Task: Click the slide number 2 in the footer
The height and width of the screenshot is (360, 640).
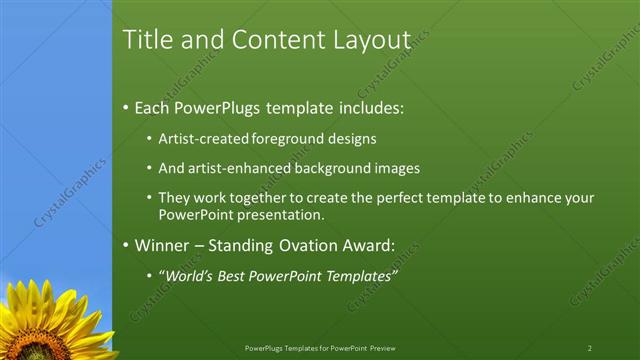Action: [590, 348]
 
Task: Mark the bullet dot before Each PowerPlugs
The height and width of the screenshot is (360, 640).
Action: [126, 108]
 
